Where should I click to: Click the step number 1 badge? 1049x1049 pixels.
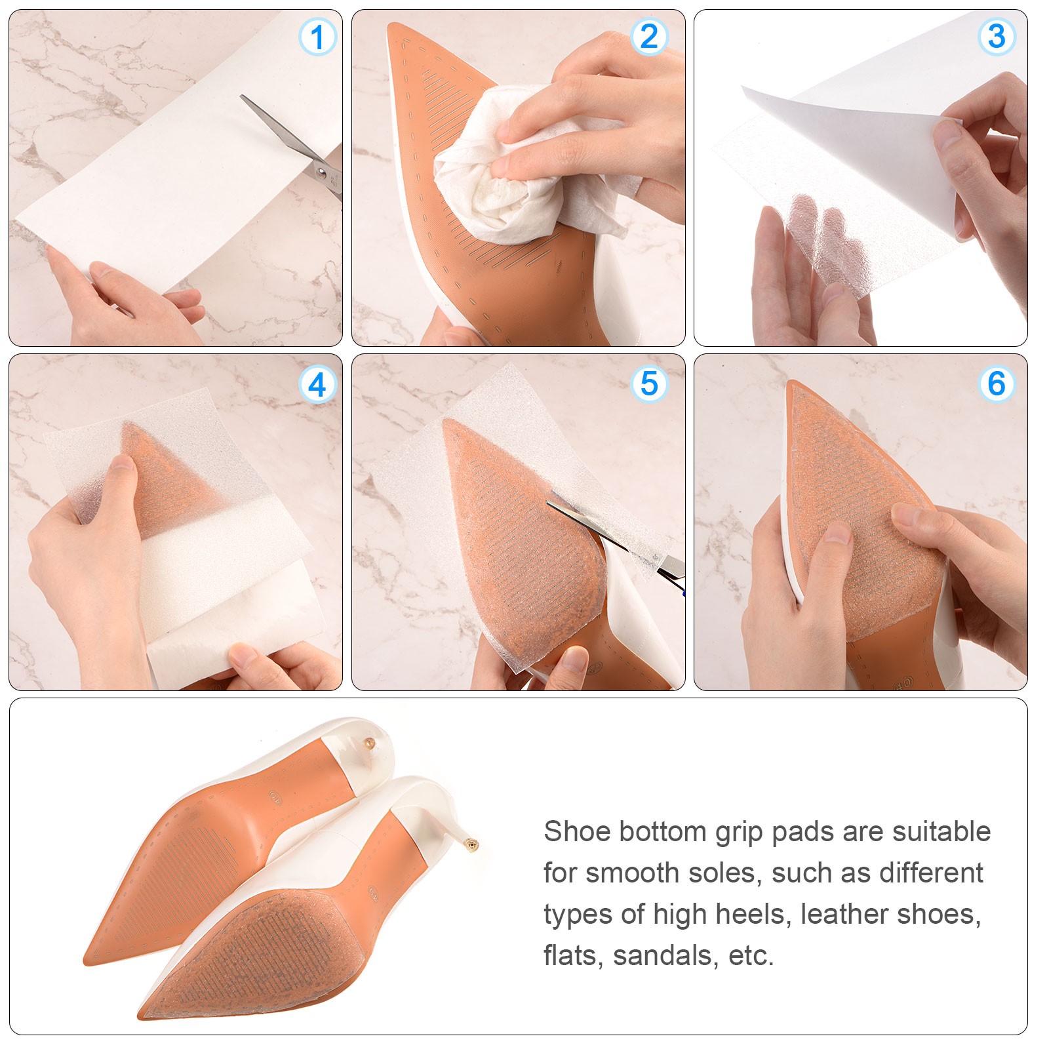tap(317, 37)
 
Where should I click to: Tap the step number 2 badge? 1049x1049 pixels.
tap(649, 37)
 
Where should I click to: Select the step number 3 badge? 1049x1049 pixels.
tap(997, 37)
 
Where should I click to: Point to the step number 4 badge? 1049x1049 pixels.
tap(317, 385)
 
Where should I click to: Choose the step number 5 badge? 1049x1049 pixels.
tap(649, 384)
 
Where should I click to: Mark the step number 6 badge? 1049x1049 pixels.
tap(997, 384)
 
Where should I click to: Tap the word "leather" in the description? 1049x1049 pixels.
tap(843, 914)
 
